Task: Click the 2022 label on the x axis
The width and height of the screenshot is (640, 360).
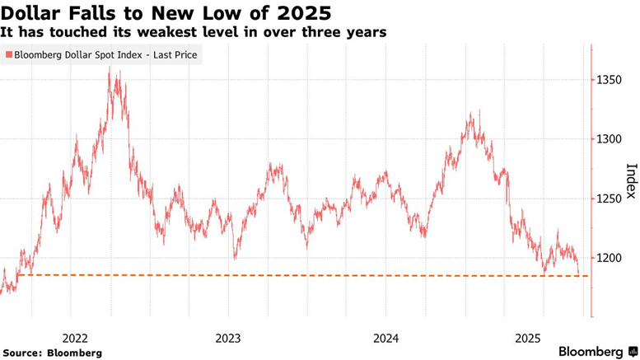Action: [75, 337]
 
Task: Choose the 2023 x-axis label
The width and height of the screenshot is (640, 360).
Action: [227, 337]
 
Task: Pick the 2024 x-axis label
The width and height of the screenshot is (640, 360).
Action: [385, 337]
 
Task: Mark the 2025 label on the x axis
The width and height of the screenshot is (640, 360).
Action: [528, 337]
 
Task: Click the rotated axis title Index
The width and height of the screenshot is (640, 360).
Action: [631, 180]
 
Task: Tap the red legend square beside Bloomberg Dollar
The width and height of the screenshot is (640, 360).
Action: [9, 55]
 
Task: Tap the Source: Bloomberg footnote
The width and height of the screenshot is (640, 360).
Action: [53, 353]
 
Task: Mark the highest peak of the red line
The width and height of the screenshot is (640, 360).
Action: [110, 68]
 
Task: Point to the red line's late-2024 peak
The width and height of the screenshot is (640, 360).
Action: [473, 113]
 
